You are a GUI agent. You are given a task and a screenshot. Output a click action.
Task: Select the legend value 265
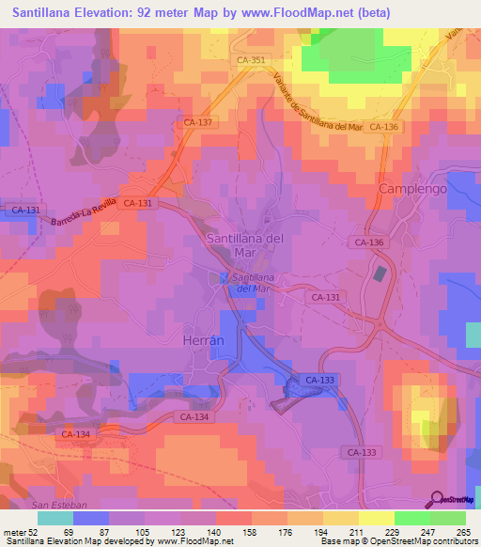pos(463,533)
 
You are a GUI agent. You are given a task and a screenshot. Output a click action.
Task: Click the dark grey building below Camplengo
pos(380,273)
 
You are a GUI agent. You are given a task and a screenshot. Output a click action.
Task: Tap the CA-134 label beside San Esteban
pos(75,434)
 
